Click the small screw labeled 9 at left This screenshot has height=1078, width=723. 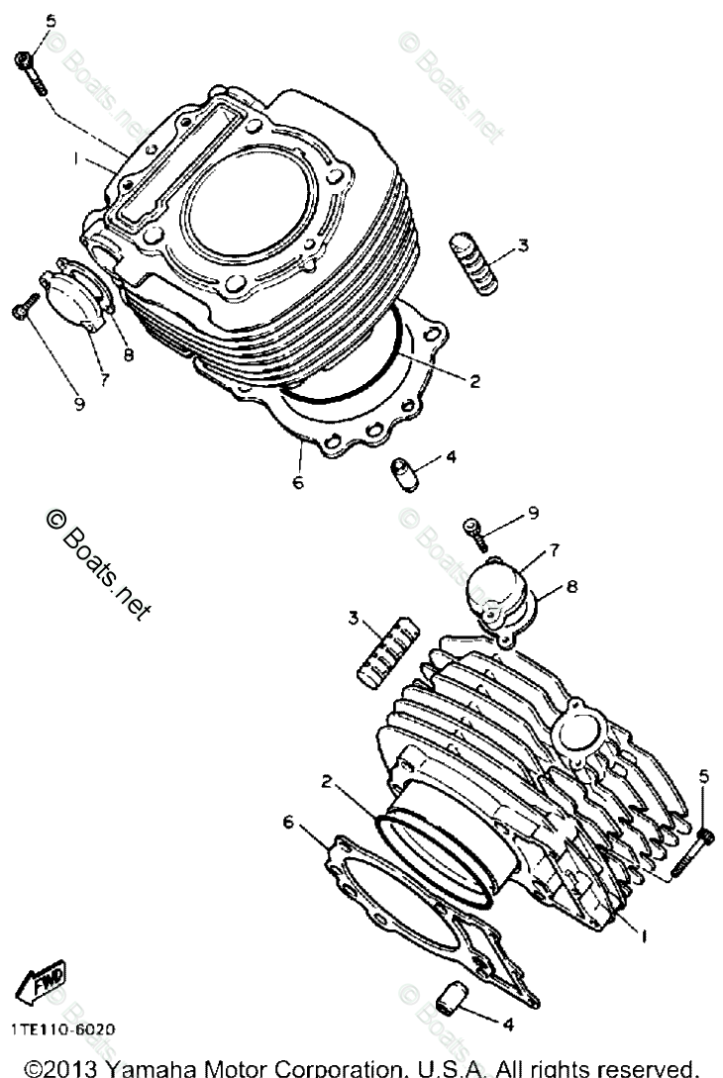click(23, 312)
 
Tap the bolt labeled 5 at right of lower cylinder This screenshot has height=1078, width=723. click(691, 850)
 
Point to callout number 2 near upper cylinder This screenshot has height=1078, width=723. click(475, 379)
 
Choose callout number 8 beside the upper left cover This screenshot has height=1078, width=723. click(128, 353)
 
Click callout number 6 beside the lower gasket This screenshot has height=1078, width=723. click(288, 822)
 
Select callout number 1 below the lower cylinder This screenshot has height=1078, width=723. click(646, 932)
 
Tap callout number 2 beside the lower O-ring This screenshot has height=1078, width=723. click(325, 780)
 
